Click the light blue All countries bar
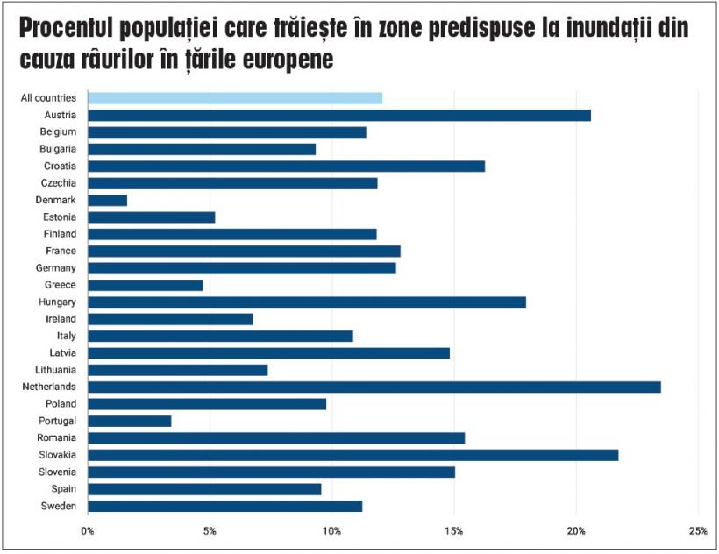[234, 98]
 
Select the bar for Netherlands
[374, 387]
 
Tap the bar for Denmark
[107, 200]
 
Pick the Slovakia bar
[352, 455]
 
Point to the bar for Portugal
[129, 421]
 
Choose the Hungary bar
[306, 302]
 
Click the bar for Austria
[338, 115]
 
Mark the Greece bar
[145, 285]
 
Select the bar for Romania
[275, 437]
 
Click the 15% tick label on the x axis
[453, 530]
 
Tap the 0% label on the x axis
[88, 530]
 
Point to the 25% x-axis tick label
[698, 530]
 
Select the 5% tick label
[210, 530]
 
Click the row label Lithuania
[55, 370]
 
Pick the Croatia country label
[60, 166]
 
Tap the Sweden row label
[59, 506]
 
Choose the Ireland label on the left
[61, 319]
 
